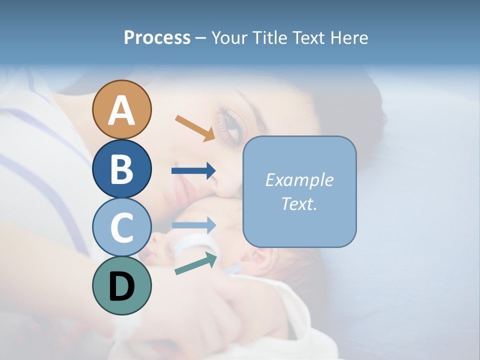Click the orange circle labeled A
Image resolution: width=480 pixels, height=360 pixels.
click(x=121, y=109)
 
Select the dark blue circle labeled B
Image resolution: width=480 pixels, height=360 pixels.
click(x=121, y=168)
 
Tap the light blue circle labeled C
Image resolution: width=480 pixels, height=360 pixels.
click(x=121, y=227)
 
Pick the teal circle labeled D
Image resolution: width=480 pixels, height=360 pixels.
click(x=121, y=285)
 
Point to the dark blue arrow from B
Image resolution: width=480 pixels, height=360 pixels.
click(x=193, y=171)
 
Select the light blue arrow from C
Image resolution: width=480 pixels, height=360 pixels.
click(x=193, y=225)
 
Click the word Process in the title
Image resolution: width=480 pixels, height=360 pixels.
click(x=157, y=37)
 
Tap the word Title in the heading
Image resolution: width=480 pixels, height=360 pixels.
click(x=270, y=37)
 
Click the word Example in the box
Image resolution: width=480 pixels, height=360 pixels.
click(x=299, y=180)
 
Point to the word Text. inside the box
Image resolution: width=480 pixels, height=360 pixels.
click(x=299, y=203)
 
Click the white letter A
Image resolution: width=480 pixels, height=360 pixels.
click(x=121, y=110)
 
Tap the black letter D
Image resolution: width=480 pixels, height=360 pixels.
click(x=121, y=286)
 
